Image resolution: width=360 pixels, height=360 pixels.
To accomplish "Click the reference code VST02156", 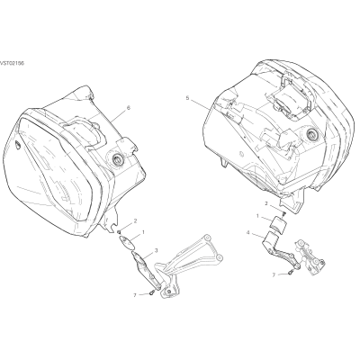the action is pyautogui.click(x=12, y=63).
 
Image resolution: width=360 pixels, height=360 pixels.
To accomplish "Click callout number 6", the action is pyautogui.click(x=129, y=108).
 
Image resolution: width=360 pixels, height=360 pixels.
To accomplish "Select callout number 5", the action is pyautogui.click(x=187, y=98).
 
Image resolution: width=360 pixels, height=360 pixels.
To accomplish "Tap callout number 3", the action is pyautogui.click(x=156, y=250).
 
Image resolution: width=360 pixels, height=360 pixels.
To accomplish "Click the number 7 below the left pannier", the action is pyautogui.click(x=135, y=295).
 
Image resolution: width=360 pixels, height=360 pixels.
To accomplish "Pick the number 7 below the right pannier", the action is pyautogui.click(x=274, y=274).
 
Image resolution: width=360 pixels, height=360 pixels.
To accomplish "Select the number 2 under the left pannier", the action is pyautogui.click(x=135, y=221).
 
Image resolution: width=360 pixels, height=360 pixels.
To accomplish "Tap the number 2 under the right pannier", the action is pyautogui.click(x=266, y=203).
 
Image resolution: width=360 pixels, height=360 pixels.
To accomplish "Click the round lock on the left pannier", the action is pyautogui.click(x=117, y=159).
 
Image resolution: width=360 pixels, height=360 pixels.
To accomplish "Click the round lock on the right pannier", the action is pyautogui.click(x=312, y=135).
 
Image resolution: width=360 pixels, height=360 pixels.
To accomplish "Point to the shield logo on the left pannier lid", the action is pyautogui.click(x=18, y=145).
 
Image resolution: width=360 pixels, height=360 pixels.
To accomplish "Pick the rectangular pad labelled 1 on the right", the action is pyautogui.click(x=278, y=224).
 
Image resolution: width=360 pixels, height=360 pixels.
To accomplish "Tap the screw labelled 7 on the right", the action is pyautogui.click(x=291, y=273).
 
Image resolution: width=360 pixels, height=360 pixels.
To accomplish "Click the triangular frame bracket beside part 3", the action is pyautogui.click(x=188, y=264).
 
